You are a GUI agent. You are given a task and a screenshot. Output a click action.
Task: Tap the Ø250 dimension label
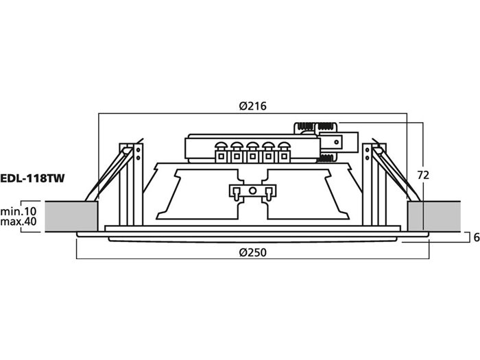pos(252,252)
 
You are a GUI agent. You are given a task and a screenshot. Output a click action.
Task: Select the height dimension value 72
pos(423,175)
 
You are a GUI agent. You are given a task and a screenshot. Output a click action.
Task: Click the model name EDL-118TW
pos(33,179)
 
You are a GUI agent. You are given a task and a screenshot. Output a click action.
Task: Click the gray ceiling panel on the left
pos(72,216)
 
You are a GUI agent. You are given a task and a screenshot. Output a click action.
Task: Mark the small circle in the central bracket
pos(252,191)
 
